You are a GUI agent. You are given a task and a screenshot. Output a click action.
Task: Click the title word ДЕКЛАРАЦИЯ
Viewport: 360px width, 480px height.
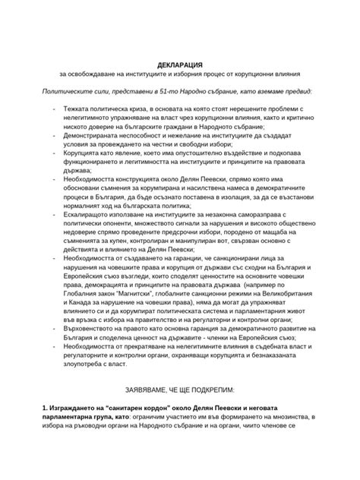tap(179, 63)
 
